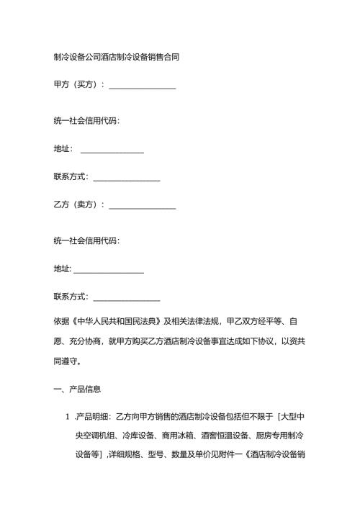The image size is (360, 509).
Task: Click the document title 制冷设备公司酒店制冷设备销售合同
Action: pos(116,56)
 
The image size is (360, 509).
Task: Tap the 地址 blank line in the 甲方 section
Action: pos(112,150)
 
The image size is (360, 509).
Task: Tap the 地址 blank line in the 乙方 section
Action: pos(108,271)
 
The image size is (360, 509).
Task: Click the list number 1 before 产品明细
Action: pos(66,418)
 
